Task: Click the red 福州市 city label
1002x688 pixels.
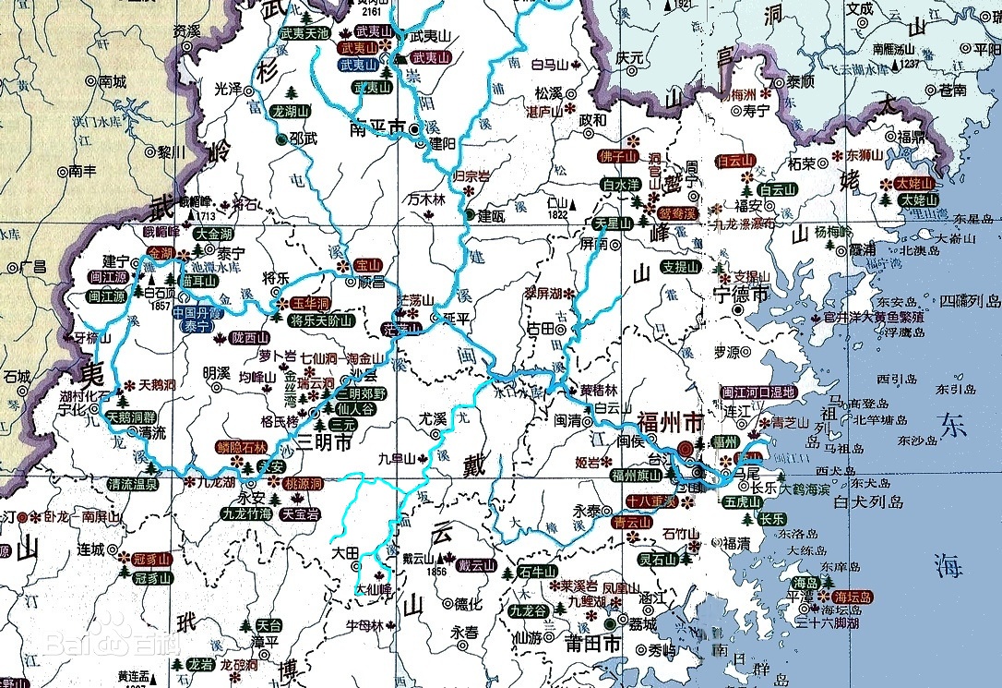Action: (669, 426)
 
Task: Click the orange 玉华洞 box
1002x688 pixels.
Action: (311, 304)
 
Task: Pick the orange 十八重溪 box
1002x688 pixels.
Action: (651, 501)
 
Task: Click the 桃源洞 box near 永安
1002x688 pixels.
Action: (303, 484)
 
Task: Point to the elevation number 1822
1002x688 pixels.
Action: (558, 214)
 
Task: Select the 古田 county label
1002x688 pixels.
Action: (540, 328)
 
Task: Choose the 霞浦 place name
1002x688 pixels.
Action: (862, 249)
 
